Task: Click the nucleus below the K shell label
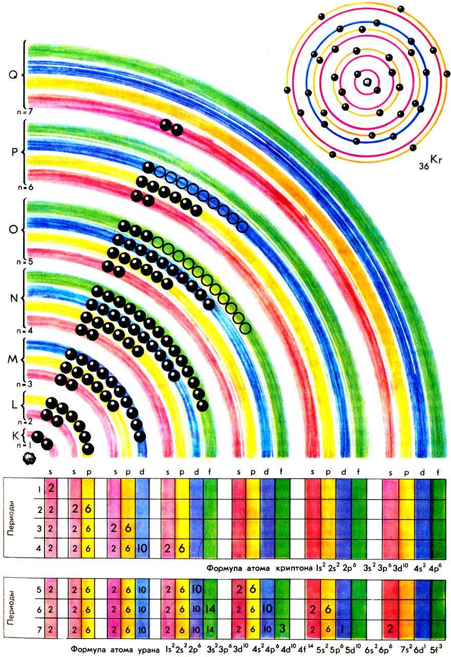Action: pos(26,458)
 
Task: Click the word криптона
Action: pos(294,568)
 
